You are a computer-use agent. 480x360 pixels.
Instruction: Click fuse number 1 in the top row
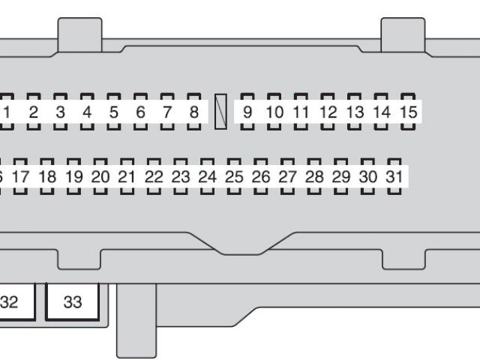click(7, 112)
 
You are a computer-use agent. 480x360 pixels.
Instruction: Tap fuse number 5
click(114, 112)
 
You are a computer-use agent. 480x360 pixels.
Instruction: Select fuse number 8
click(193, 112)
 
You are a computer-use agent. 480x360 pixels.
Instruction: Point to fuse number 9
click(247, 112)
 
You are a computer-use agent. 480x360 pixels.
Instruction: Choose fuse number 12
click(328, 112)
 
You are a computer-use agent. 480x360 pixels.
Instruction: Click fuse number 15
click(408, 112)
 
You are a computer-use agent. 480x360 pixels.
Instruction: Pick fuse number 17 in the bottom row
click(20, 178)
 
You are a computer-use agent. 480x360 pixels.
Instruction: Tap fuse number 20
click(100, 178)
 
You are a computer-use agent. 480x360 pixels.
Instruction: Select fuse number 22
click(154, 178)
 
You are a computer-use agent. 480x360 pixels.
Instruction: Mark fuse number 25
click(234, 178)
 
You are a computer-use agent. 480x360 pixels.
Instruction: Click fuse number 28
click(314, 178)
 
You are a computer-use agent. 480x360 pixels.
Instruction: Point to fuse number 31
click(394, 178)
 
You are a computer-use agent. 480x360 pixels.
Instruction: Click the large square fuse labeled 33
click(73, 302)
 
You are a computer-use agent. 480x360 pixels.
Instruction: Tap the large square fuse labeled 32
click(10, 302)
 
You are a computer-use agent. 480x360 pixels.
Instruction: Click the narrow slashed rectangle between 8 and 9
click(220, 112)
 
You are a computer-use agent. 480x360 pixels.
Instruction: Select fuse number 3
click(60, 112)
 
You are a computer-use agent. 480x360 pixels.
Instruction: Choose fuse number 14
click(382, 112)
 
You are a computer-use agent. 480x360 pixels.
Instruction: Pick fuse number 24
click(207, 178)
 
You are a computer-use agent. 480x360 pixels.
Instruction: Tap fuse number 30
click(367, 178)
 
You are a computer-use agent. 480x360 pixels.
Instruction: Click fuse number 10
click(274, 112)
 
